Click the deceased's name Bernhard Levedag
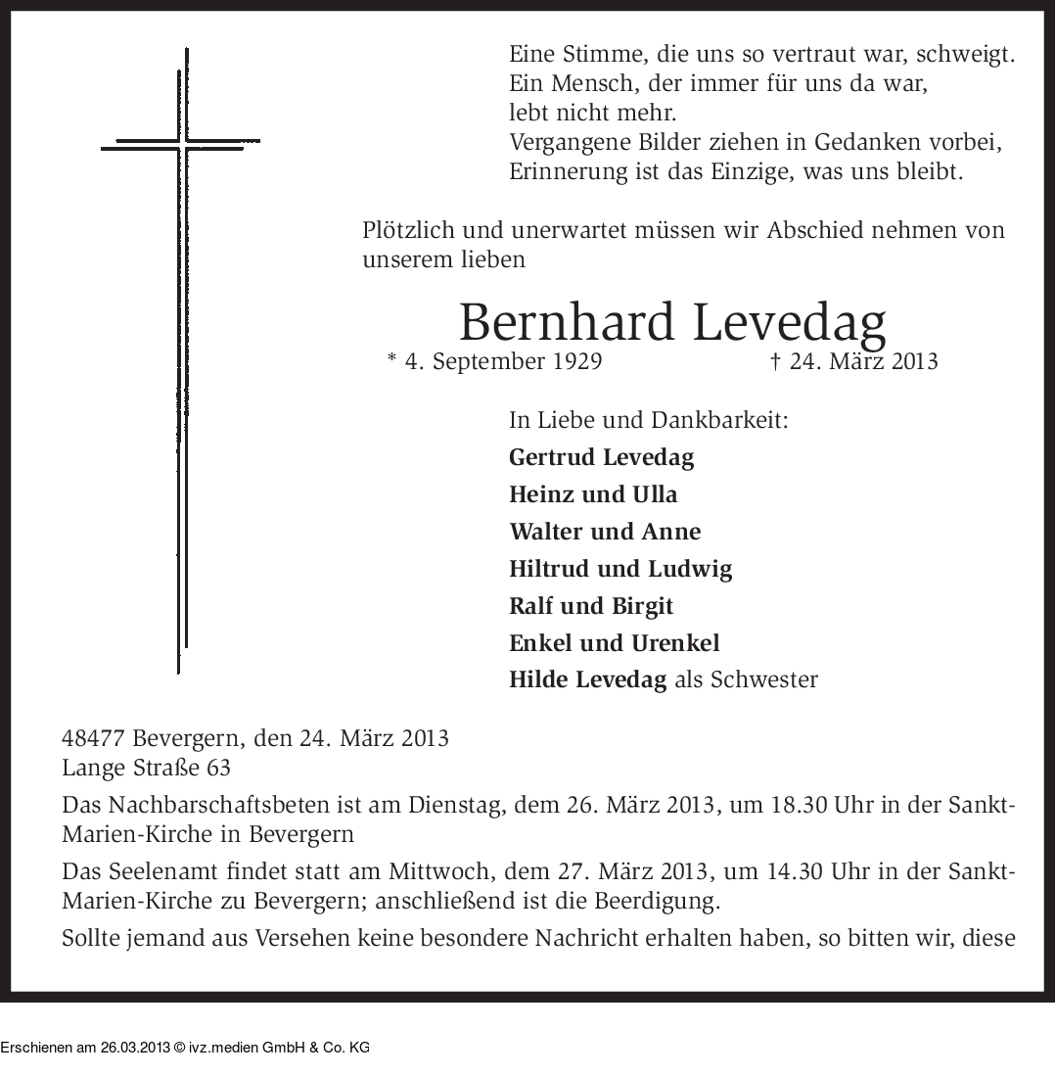coord(672,321)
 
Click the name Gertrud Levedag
coord(602,457)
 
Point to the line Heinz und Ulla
coord(593,494)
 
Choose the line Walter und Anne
coord(605,532)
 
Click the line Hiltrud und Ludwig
coord(620,569)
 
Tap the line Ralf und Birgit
coord(591,606)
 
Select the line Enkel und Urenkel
coord(614,643)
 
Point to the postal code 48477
coord(93,737)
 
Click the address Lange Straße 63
coord(146,768)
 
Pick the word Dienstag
coord(458,806)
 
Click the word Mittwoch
coord(458,871)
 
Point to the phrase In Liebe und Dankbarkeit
coord(649,421)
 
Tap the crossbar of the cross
coord(181,144)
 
